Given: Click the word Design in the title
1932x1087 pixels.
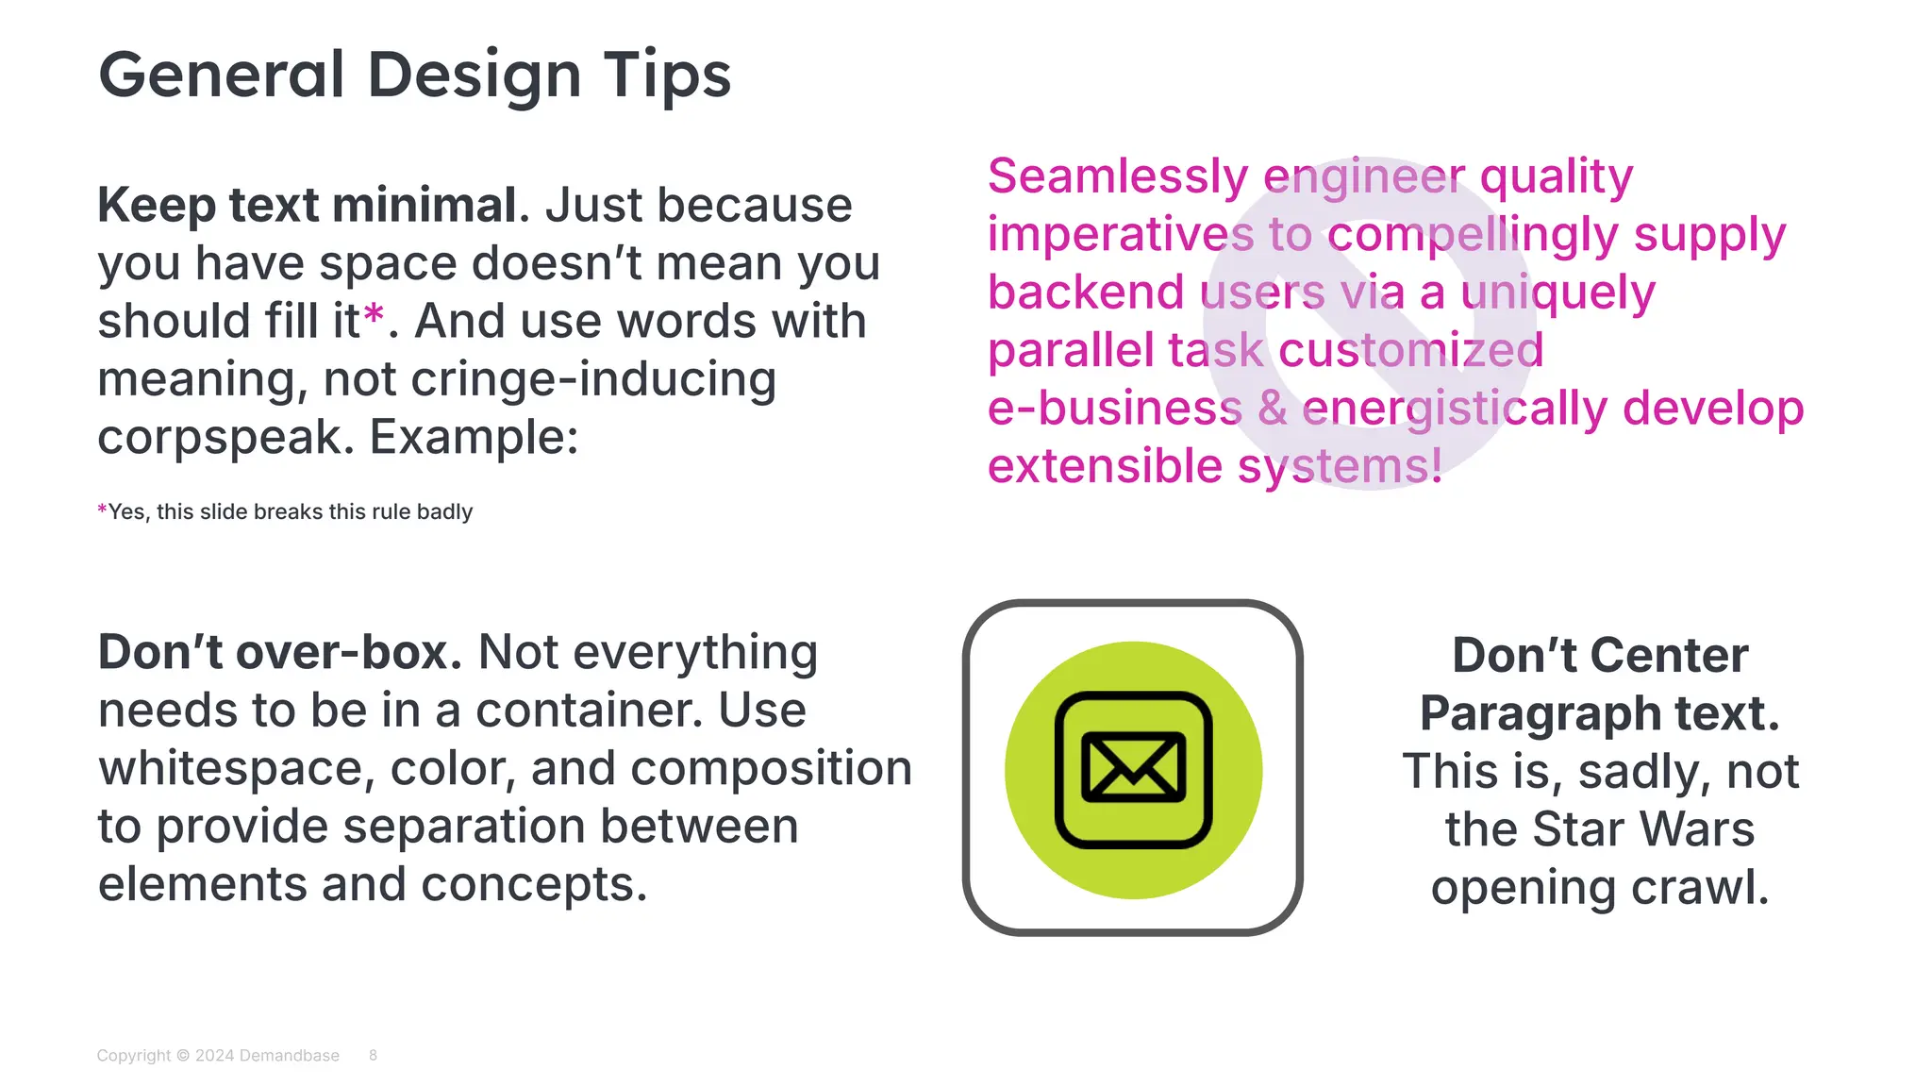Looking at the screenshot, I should coord(474,75).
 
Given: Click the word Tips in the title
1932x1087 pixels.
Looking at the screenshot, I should coord(667,75).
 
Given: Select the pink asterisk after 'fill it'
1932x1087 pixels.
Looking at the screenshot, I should coord(374,315).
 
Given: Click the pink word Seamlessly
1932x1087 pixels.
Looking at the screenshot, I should coord(1117,176).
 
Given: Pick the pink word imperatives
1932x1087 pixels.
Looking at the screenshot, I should coord(1120,235).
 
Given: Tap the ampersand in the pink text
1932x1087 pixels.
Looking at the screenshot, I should coord(1272,409).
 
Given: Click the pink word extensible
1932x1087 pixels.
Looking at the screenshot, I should coord(1105,466).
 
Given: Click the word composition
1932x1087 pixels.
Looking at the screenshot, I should coord(771,768).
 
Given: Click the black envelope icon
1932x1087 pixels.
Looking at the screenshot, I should coord(1133,769).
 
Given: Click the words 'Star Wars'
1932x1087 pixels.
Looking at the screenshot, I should coord(1642,829).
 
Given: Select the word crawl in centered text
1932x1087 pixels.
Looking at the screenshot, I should coord(1698,888).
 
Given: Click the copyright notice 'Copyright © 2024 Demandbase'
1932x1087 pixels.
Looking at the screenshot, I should coord(218,1055).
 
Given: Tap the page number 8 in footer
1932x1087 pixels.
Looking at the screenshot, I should coord(373,1055).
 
